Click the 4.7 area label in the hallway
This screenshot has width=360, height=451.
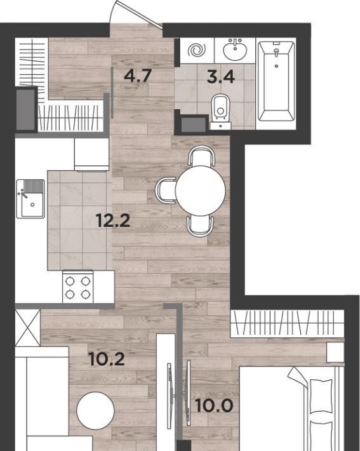(137, 76)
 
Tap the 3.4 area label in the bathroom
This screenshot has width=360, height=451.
(221, 76)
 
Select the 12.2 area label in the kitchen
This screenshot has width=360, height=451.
(113, 220)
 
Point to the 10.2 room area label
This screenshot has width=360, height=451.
(107, 359)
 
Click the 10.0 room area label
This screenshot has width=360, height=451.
(214, 405)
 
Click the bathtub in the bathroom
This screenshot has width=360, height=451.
(276, 81)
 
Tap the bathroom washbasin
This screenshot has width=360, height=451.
(235, 50)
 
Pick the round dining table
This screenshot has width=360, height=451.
(200, 191)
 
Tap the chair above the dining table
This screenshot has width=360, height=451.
(201, 156)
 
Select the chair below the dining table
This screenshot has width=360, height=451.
(200, 226)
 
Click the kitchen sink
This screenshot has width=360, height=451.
(30, 198)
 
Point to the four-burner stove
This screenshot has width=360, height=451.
(77, 286)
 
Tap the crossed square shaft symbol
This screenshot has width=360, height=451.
(27, 328)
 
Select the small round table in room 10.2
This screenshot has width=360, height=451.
(95, 410)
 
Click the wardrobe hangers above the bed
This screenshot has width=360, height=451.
(288, 323)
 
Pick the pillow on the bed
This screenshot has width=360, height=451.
(321, 396)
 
